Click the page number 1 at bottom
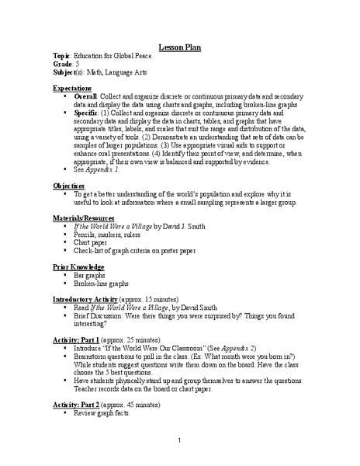point(179,441)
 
